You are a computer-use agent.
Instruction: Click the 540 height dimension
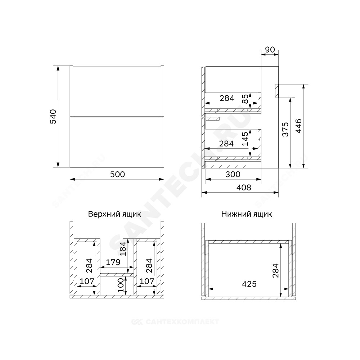point(53,117)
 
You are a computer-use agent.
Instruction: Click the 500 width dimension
point(117,175)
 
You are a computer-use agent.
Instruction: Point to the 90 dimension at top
point(270,50)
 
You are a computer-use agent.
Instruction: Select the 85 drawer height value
point(245,99)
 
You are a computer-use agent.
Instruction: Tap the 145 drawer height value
point(245,139)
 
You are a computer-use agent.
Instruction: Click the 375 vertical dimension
point(285,129)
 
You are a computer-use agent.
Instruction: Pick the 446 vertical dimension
point(298,126)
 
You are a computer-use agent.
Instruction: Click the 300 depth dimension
point(233,175)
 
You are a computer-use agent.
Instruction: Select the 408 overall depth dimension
point(244,188)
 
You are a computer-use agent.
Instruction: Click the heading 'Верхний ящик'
point(114,214)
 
